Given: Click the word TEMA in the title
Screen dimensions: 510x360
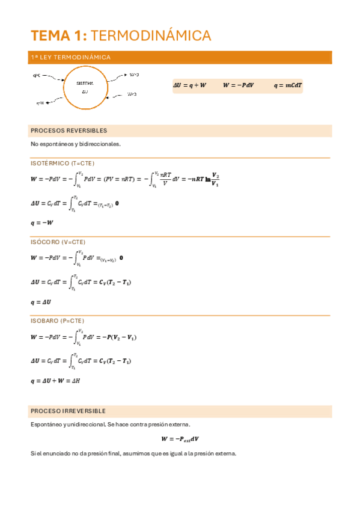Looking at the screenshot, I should (x=49, y=36).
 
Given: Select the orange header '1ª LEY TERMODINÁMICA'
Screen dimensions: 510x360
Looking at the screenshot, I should (x=70, y=57).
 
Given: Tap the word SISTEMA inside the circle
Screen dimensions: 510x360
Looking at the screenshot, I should (x=85, y=84).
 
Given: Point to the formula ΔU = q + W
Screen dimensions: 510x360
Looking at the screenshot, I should (x=189, y=85).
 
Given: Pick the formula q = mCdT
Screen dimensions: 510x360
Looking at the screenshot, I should (x=288, y=85).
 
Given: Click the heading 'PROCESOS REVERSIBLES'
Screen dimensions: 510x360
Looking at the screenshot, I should (x=69, y=131).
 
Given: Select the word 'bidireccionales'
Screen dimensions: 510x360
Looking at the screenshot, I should (x=100, y=144).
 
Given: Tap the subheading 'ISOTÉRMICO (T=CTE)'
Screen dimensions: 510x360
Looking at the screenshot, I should (x=63, y=163).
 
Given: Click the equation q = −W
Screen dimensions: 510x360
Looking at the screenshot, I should (x=42, y=223).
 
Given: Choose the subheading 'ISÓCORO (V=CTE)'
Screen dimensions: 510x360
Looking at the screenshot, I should (x=58, y=242).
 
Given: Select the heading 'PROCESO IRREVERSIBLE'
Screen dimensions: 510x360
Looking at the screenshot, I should (x=68, y=411).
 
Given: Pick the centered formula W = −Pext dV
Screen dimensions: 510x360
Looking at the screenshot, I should (x=180, y=439).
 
